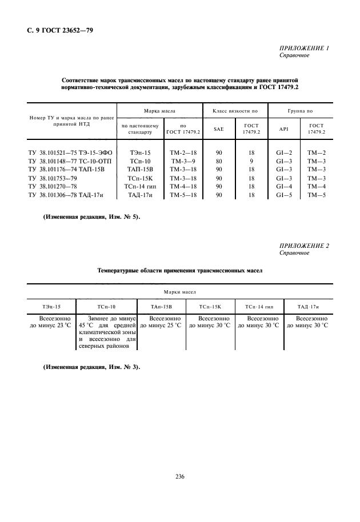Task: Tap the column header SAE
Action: tap(219, 129)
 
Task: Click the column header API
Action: tap(284, 129)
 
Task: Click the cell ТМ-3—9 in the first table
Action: tap(183, 162)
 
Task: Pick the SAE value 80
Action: tap(219, 162)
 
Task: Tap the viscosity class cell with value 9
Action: tap(251, 162)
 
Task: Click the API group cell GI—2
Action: tap(284, 153)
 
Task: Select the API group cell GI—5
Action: tap(284, 195)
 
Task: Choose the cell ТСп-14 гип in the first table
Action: tap(140, 187)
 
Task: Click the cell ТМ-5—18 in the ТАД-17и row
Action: tap(183, 195)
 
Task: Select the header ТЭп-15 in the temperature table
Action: tap(51, 307)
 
